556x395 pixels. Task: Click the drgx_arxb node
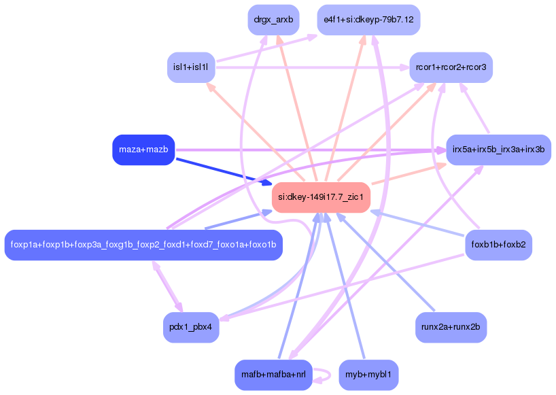[273, 20]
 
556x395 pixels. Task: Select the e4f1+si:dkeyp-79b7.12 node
[368, 20]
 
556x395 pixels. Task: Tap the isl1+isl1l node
[191, 67]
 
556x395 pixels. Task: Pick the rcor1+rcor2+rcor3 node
[451, 67]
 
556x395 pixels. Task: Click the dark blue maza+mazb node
[143, 150]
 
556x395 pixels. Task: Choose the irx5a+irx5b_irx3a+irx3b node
[498, 150]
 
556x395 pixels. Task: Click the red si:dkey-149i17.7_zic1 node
[321, 198]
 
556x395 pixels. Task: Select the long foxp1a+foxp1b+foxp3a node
[143, 245]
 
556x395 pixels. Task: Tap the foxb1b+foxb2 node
[498, 245]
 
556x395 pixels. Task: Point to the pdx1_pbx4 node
[191, 327]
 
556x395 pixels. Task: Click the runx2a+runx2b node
[451, 327]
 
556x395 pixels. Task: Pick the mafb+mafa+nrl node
[273, 375]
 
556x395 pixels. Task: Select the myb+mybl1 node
[368, 375]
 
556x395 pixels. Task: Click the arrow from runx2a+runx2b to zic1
[387, 265]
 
